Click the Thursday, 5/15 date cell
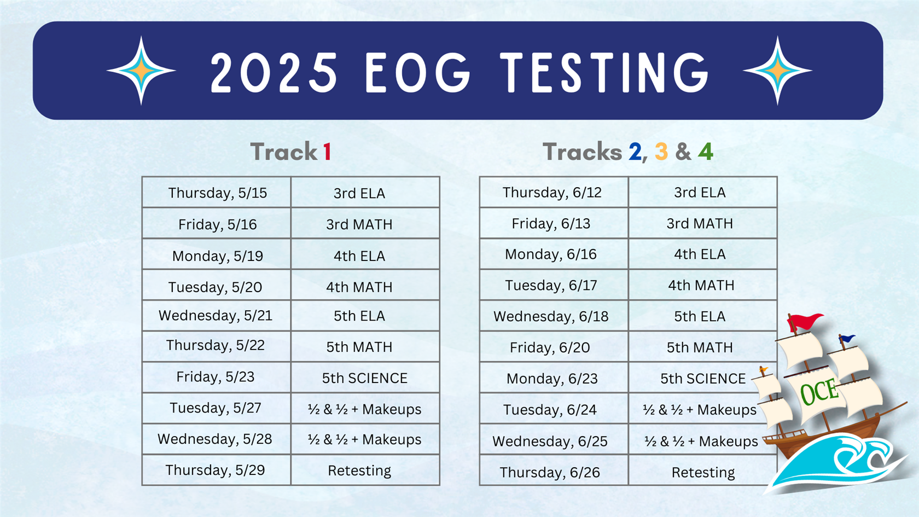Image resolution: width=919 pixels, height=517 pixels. point(217,193)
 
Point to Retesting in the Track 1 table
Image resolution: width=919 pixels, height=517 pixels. point(359,470)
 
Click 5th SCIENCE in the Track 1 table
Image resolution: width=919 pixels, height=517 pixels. point(365,378)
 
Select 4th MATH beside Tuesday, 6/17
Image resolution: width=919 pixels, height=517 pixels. point(701,285)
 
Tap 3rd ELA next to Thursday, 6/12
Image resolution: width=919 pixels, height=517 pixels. point(700,193)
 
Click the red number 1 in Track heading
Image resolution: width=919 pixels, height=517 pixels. point(327,152)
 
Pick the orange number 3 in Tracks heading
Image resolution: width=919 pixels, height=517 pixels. point(661,152)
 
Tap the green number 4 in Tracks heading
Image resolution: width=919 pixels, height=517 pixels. point(705,152)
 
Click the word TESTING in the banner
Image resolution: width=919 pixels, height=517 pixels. point(604,72)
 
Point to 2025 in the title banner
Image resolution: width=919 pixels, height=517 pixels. point(274,72)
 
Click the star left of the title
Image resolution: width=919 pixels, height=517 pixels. point(141,71)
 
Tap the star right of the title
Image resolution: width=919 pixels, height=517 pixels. point(777,71)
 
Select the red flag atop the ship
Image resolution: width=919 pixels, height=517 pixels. point(805,321)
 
